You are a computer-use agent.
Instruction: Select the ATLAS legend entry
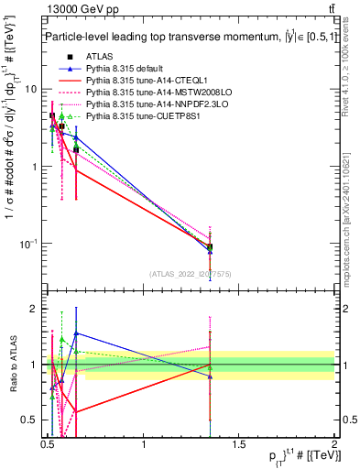[x=98, y=57]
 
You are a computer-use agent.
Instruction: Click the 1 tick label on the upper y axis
[x=36, y=167]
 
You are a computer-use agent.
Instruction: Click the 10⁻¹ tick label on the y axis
[x=30, y=243]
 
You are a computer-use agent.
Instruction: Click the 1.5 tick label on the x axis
[x=239, y=444]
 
